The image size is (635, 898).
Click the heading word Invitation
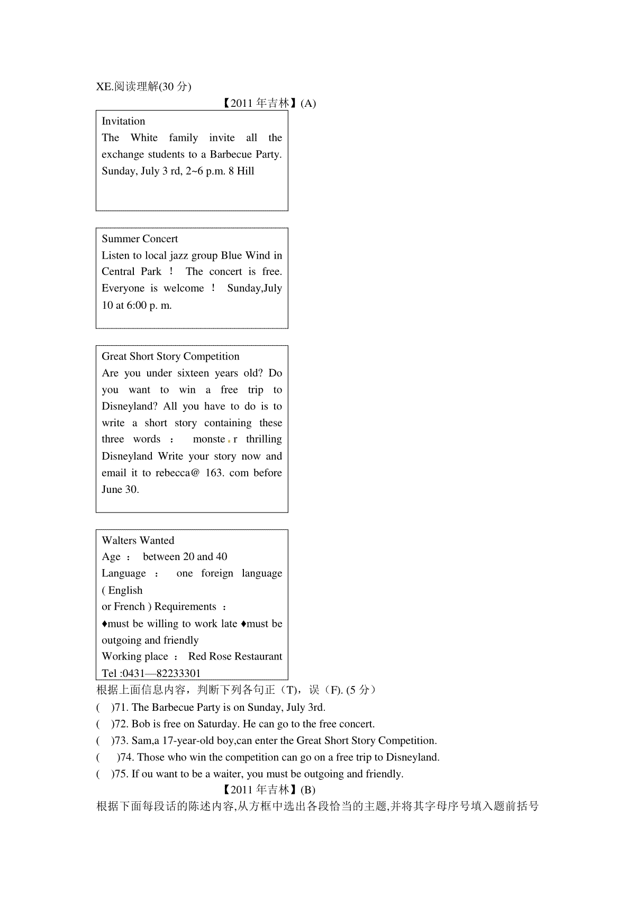[x=123, y=121]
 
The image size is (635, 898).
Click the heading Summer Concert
[x=140, y=239]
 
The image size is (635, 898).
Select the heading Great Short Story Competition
[x=170, y=356]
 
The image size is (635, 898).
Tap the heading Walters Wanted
[x=138, y=540]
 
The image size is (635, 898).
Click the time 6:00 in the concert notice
[x=137, y=305]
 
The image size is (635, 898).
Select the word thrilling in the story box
[x=264, y=439]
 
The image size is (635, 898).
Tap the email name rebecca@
[x=177, y=473]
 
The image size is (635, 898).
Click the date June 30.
[x=120, y=489]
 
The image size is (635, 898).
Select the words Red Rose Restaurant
[x=235, y=656]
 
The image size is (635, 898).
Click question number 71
[x=122, y=707]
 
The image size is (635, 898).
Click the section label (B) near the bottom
[x=307, y=790]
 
